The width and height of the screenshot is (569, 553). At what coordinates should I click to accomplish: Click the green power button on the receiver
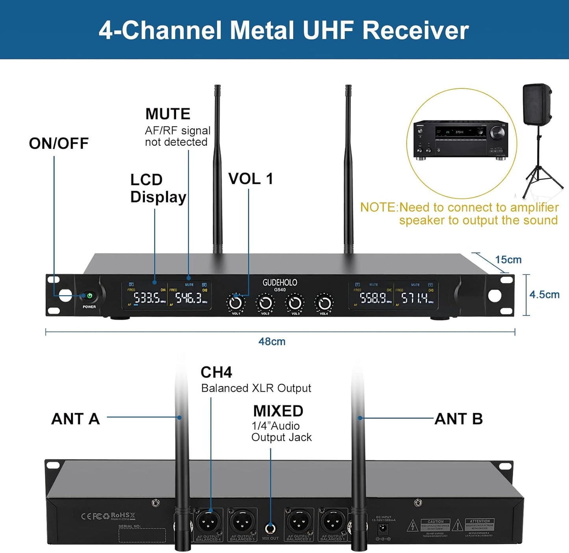(89, 296)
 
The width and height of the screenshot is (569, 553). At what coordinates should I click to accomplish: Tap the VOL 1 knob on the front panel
(235, 303)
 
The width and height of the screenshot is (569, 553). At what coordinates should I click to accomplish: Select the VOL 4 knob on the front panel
(324, 303)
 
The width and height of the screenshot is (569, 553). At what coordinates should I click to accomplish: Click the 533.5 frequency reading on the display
(147, 298)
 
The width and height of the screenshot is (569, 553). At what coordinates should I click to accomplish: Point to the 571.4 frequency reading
(414, 298)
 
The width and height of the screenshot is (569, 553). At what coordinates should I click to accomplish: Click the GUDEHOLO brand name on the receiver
(280, 282)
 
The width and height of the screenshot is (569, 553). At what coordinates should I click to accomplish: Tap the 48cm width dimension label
(272, 341)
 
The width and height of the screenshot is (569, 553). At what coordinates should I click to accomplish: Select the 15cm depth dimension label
(508, 260)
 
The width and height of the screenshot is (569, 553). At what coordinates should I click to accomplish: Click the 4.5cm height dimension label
(544, 295)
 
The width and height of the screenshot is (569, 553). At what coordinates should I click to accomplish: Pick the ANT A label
(76, 419)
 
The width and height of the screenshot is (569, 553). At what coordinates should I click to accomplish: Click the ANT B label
(458, 419)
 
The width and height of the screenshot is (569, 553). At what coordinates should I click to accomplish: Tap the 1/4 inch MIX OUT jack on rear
(270, 528)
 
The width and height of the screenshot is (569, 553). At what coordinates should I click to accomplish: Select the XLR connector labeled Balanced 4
(208, 522)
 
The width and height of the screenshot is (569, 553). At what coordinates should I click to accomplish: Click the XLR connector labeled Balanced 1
(333, 522)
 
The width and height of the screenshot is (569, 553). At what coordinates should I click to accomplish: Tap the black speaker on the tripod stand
(537, 104)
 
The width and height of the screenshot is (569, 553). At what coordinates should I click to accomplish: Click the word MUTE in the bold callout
(168, 114)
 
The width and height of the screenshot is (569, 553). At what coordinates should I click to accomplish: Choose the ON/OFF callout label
(59, 143)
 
